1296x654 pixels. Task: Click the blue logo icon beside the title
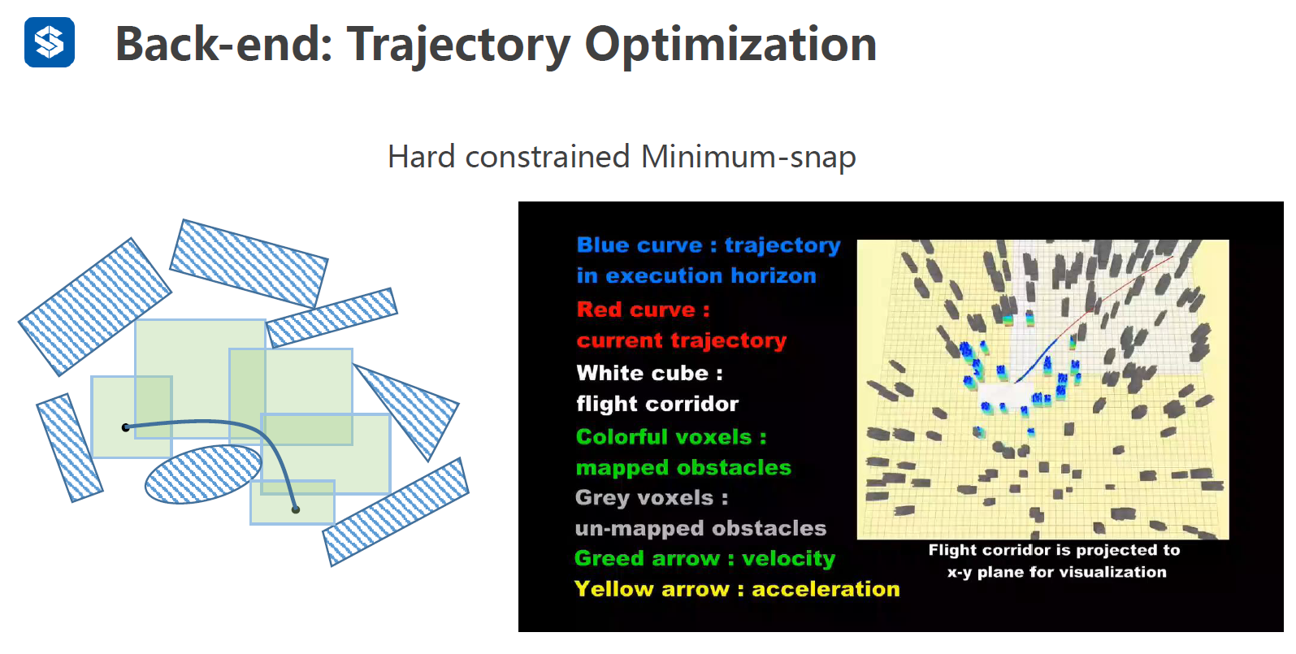pyautogui.click(x=50, y=42)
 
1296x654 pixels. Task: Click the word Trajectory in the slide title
pyautogui.click(x=458, y=46)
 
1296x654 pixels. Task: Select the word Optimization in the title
pyautogui.click(x=730, y=46)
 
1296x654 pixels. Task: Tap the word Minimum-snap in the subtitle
pyautogui.click(x=748, y=157)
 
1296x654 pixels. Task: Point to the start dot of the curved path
pyautogui.click(x=126, y=427)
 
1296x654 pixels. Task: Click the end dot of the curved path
pyautogui.click(x=296, y=509)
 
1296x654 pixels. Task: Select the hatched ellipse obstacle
pyautogui.click(x=203, y=474)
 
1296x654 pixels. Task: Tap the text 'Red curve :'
pyautogui.click(x=643, y=310)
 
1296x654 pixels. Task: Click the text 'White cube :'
pyautogui.click(x=650, y=373)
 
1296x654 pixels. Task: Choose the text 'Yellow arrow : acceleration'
pyautogui.click(x=737, y=589)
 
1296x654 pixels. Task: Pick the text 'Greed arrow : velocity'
pyautogui.click(x=704, y=558)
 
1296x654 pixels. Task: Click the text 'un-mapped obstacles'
pyautogui.click(x=700, y=528)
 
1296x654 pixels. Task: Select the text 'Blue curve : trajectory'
pyautogui.click(x=709, y=245)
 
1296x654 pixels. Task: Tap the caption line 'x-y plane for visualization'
pyautogui.click(x=1057, y=572)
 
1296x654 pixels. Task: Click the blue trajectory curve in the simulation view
pyautogui.click(x=1038, y=360)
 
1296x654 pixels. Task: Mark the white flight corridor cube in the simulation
pyautogui.click(x=1005, y=396)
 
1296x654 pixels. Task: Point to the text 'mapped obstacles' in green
pyautogui.click(x=683, y=467)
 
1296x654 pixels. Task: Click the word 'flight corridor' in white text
pyautogui.click(x=657, y=404)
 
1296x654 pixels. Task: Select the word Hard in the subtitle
pyautogui.click(x=422, y=157)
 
